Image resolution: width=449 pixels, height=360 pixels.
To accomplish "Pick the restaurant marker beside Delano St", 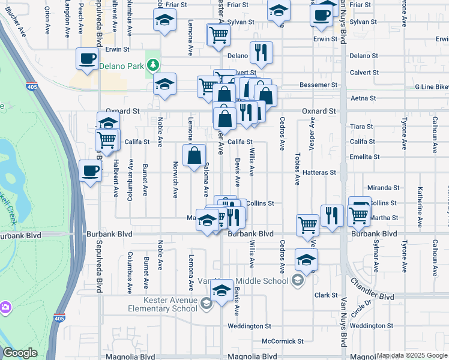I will point(261,53).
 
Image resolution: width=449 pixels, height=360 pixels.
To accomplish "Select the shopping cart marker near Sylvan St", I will point(218,35).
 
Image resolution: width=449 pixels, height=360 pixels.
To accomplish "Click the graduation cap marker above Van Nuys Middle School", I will point(306,260).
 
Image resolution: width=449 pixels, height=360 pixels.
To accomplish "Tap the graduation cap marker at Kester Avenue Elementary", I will point(221,292).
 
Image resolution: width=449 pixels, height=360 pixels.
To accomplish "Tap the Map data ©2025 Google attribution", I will point(412,355).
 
